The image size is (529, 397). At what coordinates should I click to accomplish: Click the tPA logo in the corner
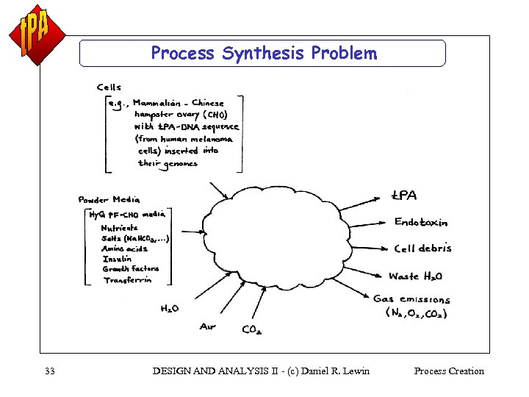37,34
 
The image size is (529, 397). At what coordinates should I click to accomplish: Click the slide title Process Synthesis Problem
263,54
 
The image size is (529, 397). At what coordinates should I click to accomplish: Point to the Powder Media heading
109,199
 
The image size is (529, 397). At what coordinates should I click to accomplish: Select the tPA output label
403,196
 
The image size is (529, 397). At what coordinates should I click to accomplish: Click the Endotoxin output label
420,221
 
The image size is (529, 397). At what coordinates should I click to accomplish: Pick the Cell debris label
422,248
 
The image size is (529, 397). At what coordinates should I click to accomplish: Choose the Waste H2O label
415,276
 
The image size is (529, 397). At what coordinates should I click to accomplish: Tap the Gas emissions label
411,299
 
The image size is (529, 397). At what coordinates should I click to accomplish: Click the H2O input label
169,309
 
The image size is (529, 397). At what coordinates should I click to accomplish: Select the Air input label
208,326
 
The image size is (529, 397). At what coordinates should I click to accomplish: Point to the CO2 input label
251,330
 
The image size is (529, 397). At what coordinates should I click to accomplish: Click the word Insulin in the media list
117,259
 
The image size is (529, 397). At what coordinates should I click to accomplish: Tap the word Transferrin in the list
127,280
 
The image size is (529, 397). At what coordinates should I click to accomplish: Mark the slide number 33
50,371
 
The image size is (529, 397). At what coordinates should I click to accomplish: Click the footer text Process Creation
449,371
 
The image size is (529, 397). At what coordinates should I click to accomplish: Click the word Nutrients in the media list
119,228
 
